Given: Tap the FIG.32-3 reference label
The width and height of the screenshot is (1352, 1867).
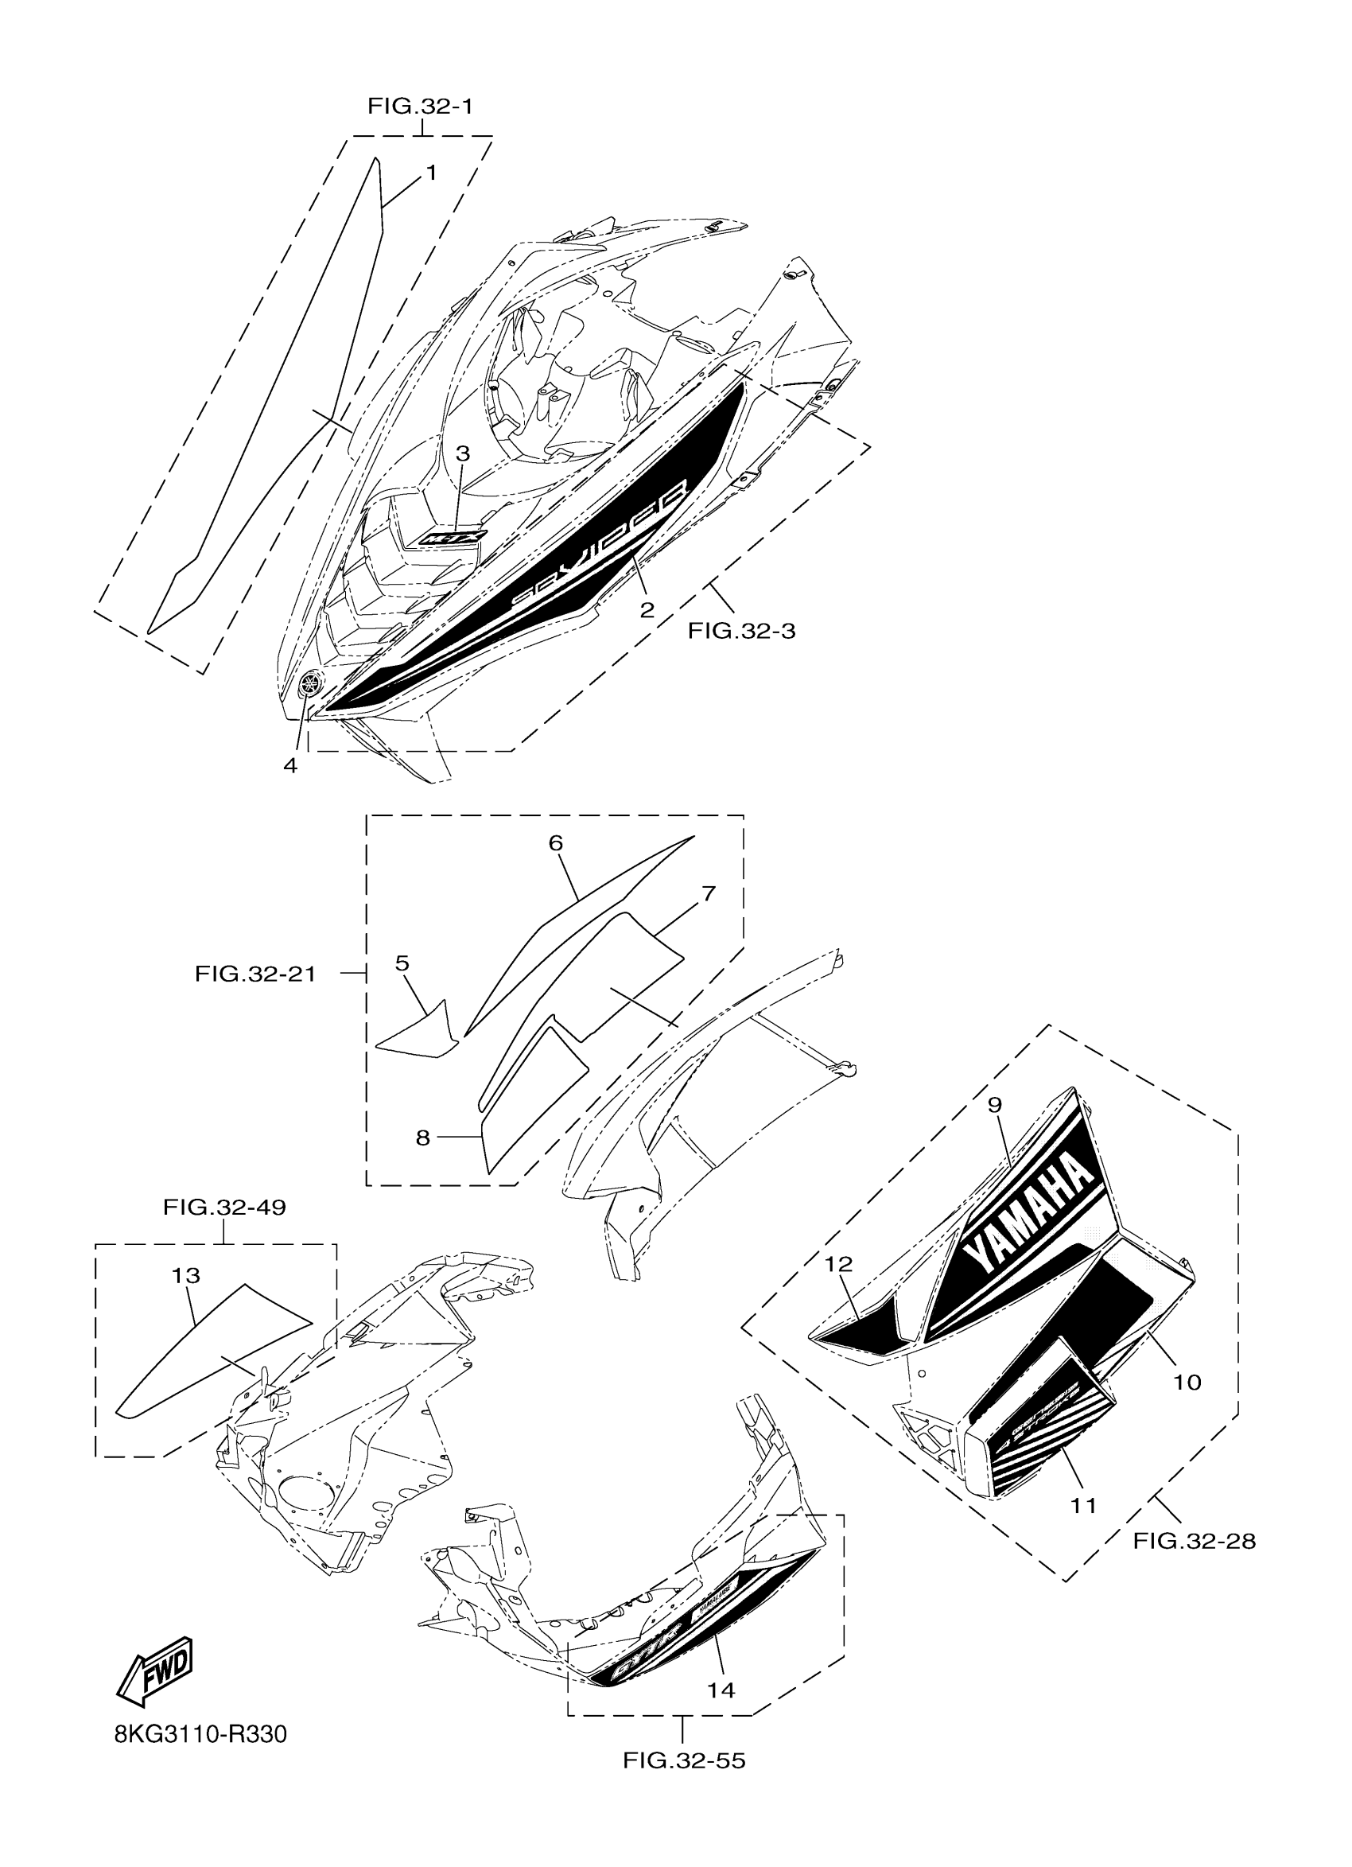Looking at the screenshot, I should coord(741,632).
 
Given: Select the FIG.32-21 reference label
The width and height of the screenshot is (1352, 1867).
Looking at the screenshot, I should coord(255,974).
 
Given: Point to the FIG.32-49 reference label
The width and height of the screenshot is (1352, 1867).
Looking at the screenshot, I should coord(223,1208).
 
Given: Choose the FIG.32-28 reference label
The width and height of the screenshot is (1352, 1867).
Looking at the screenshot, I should coord(1194,1541).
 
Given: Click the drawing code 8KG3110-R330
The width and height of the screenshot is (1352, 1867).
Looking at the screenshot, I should coord(200,1735).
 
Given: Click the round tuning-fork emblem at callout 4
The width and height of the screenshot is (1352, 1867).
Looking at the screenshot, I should coord(310,682).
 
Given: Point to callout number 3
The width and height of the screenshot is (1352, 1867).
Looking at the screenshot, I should coord(464,453).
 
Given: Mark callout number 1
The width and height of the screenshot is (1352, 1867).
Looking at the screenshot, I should coord(431,173).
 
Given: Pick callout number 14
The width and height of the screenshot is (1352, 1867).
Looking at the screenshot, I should coord(721,1690).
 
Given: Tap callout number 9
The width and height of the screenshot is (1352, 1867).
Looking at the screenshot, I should coord(995,1105).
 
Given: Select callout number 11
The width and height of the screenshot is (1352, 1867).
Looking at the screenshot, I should coord(1084,1506).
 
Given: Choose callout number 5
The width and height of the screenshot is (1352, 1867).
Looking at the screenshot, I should coord(402,963).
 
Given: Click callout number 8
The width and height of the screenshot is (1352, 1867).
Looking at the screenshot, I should coord(423,1138).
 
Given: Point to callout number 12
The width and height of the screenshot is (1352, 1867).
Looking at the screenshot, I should coord(839,1263).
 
